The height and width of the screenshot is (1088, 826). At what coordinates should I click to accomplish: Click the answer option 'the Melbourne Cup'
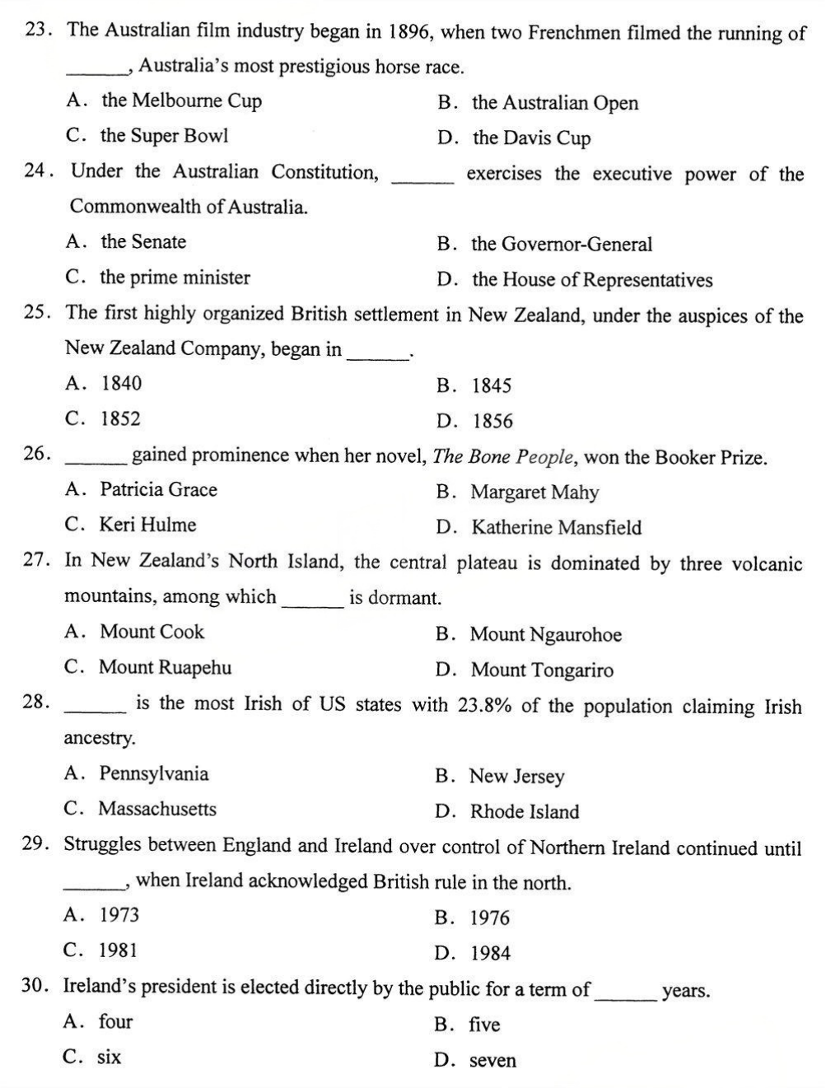click(x=181, y=101)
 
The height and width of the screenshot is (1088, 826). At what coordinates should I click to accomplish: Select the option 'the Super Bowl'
click(x=164, y=136)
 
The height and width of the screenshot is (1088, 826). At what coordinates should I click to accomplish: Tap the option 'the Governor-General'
click(x=562, y=245)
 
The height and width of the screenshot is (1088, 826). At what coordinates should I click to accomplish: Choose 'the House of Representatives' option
click(x=592, y=281)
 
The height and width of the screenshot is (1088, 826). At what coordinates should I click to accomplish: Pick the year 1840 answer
click(x=121, y=383)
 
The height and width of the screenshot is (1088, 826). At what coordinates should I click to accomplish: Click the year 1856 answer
click(x=492, y=422)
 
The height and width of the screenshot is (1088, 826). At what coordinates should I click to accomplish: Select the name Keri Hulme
click(x=148, y=525)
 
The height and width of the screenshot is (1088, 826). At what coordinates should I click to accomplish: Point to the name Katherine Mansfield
click(x=556, y=528)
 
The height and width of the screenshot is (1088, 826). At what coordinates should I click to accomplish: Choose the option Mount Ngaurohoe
click(x=546, y=635)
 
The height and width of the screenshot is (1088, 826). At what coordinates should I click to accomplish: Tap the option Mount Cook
click(x=152, y=632)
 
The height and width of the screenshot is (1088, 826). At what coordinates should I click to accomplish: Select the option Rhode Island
click(x=525, y=812)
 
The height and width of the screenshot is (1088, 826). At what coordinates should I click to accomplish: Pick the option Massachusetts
click(x=157, y=809)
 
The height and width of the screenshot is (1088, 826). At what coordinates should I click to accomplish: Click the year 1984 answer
click(x=491, y=954)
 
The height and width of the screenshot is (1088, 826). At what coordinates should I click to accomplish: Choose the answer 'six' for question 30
click(x=110, y=1058)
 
